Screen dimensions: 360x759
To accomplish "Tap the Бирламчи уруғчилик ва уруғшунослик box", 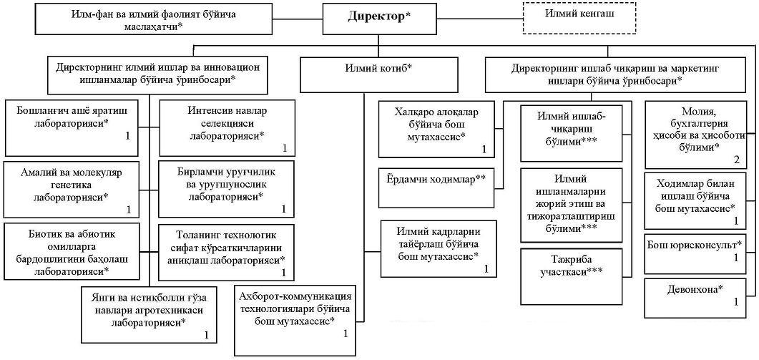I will pyautogui.click(x=226, y=190).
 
